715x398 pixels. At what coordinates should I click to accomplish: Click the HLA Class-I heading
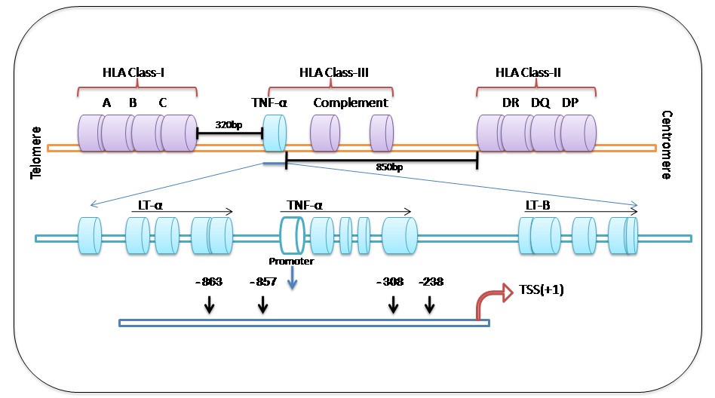pyautogui.click(x=133, y=72)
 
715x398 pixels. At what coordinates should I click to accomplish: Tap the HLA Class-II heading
pyautogui.click(x=528, y=72)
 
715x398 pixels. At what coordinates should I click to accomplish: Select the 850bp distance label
pyautogui.click(x=388, y=167)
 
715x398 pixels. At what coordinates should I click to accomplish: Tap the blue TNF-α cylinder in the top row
pyautogui.click(x=274, y=133)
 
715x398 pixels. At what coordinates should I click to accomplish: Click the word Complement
pyautogui.click(x=351, y=103)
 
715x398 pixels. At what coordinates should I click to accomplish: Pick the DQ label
pyautogui.click(x=540, y=103)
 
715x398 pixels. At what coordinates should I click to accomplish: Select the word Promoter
pyautogui.click(x=290, y=262)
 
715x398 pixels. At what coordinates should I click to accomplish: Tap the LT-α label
pyautogui.click(x=152, y=204)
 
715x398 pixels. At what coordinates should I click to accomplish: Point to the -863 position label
pyautogui.click(x=208, y=283)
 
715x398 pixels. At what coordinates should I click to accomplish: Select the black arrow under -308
pyautogui.click(x=393, y=304)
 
